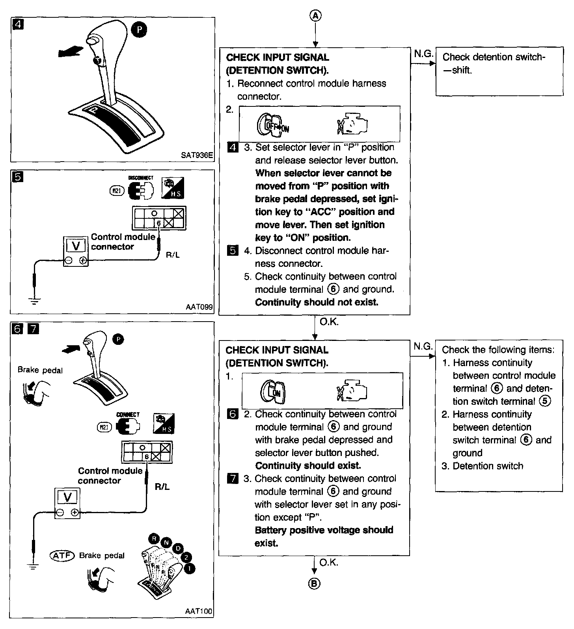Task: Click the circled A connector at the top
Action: tap(315, 15)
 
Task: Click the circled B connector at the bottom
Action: tap(314, 584)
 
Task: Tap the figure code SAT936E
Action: tap(197, 155)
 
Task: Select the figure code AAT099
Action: tap(199, 307)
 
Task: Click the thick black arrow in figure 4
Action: tap(71, 52)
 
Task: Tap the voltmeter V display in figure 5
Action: tap(76, 246)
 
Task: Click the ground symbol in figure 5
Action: tap(35, 302)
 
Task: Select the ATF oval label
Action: tap(62, 555)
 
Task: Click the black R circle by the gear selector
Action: tap(154, 539)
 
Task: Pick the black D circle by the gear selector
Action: tap(178, 548)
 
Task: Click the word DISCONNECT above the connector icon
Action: tap(141, 178)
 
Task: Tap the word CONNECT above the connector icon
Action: tap(128, 415)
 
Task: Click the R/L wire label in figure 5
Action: tap(173, 255)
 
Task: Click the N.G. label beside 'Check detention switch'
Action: tap(423, 54)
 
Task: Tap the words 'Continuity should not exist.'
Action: tap(317, 302)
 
